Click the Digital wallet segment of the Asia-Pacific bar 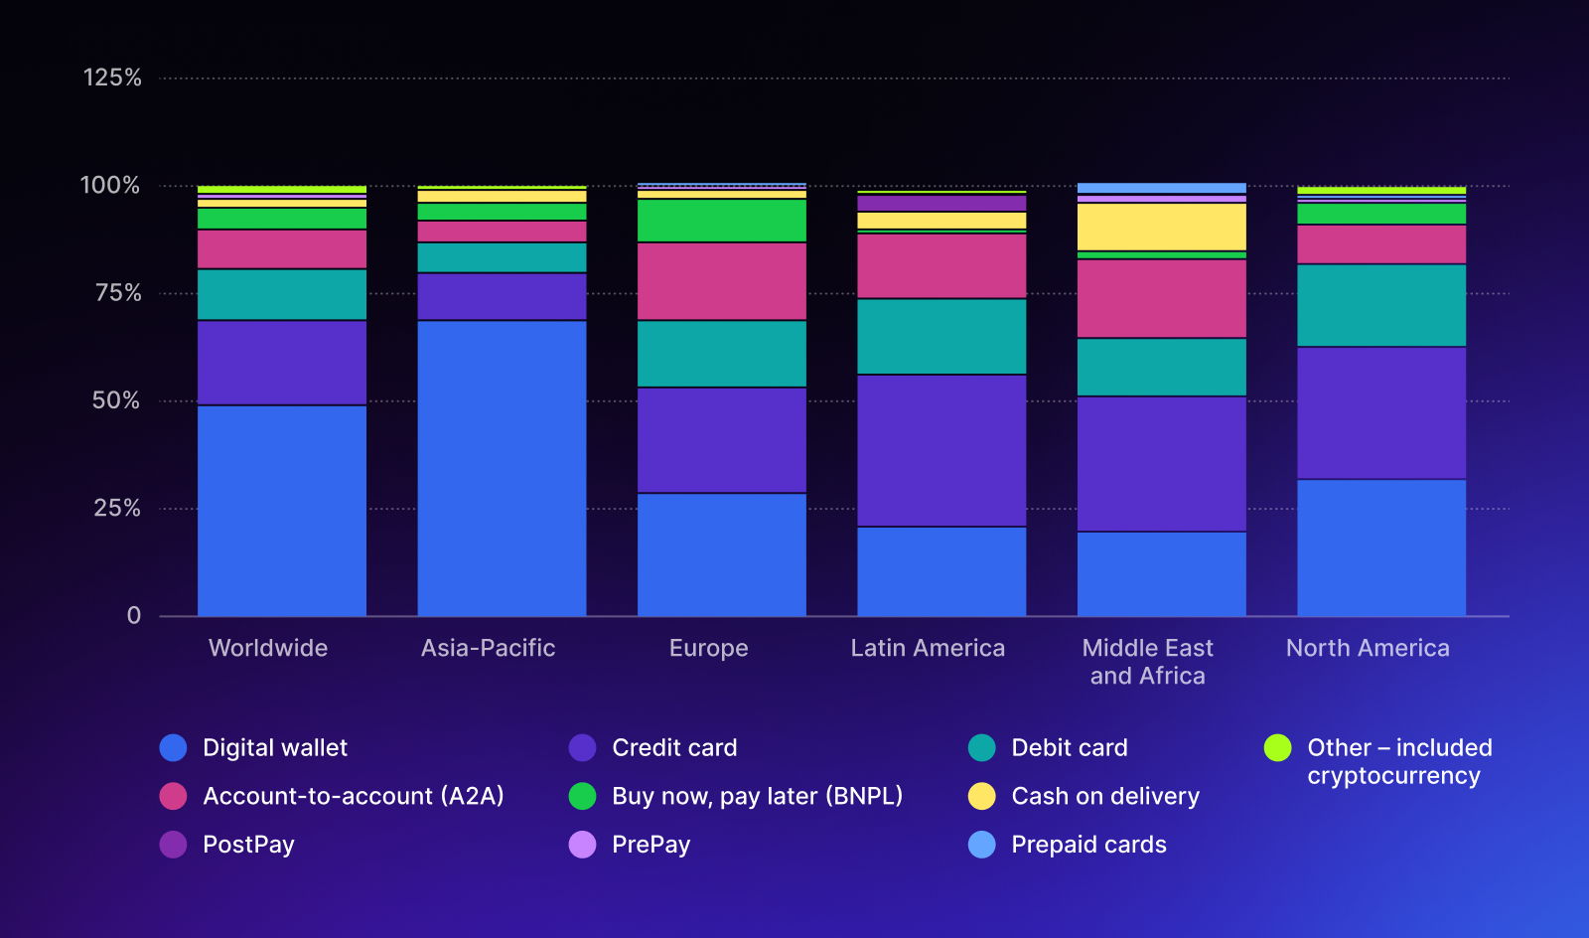coord(502,467)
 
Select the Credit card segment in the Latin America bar coord(941,450)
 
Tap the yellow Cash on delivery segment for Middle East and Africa coord(1162,227)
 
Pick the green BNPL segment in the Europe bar coord(722,221)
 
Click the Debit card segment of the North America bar coord(1381,305)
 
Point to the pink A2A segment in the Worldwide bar coord(282,249)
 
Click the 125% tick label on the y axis coord(112,78)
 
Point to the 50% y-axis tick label coord(116,400)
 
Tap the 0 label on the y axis coord(134,616)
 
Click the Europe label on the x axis coord(708,648)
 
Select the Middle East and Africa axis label coord(1147,662)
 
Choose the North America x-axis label coord(1368,648)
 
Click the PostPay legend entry coord(248,845)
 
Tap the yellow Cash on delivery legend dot coord(981,796)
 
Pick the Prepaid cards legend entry coord(1088,845)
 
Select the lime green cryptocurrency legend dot coord(1277,748)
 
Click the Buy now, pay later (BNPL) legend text coord(757,796)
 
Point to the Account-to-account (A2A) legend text coord(353,796)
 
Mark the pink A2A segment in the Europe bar coord(722,281)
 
